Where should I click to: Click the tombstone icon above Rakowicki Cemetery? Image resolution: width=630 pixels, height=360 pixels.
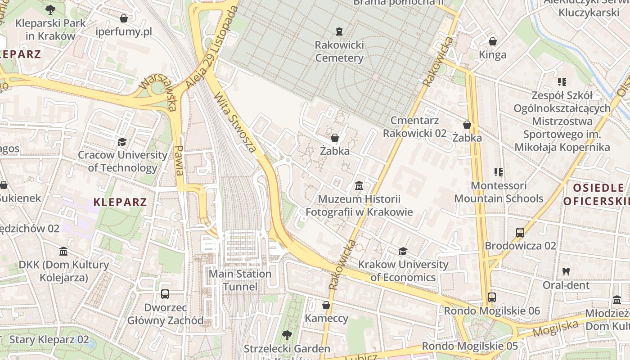(x=339, y=31)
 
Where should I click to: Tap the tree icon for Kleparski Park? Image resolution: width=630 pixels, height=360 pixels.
(x=50, y=9)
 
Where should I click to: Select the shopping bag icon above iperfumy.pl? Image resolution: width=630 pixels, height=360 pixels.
(x=124, y=18)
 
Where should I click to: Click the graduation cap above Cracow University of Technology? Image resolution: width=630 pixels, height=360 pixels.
(x=122, y=142)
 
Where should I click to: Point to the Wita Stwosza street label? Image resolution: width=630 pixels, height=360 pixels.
(x=235, y=122)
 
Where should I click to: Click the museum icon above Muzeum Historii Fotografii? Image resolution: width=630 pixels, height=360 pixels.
(x=359, y=185)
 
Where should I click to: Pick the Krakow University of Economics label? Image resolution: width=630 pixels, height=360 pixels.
(x=403, y=271)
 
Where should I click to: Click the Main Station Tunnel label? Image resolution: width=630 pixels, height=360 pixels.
(x=240, y=280)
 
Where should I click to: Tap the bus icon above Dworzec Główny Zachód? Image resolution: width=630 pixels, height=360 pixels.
(x=165, y=294)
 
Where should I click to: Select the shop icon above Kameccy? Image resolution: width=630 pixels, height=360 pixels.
(x=326, y=305)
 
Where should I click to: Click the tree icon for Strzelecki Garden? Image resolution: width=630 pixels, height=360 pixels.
(x=287, y=335)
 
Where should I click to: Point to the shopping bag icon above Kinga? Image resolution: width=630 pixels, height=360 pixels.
(x=493, y=41)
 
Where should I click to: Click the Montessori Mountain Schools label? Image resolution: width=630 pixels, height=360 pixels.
(x=499, y=192)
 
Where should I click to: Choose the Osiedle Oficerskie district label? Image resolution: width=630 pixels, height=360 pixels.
(x=596, y=194)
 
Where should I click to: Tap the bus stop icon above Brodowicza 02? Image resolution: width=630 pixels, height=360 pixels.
(x=520, y=233)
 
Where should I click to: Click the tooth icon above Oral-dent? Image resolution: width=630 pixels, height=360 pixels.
(x=566, y=272)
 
